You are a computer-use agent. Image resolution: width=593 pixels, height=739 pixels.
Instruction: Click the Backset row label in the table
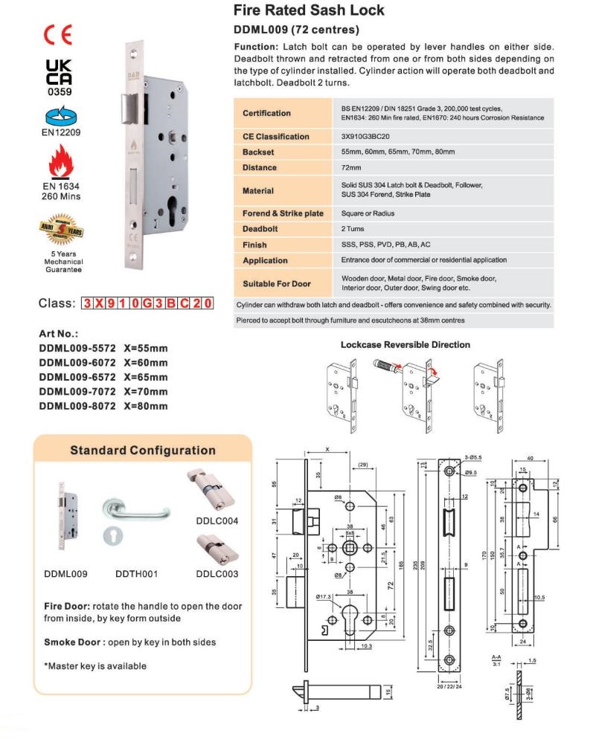[260, 152]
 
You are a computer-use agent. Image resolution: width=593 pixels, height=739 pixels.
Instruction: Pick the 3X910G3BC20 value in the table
[364, 137]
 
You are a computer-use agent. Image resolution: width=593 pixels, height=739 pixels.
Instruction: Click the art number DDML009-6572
[77, 377]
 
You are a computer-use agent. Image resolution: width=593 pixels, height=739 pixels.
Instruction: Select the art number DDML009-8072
[77, 406]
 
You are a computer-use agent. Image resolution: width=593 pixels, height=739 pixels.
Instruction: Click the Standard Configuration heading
[142, 451]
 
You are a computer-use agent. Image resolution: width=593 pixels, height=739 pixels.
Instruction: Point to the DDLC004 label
[217, 521]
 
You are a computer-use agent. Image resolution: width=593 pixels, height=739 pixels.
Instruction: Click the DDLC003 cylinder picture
[217, 548]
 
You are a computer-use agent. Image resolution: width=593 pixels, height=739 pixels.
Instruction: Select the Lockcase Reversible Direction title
[405, 345]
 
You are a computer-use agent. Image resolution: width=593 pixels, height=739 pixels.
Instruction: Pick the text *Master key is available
[94, 666]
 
